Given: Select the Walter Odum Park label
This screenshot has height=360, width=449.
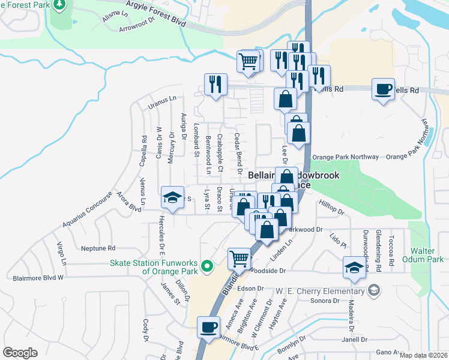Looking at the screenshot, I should click(427, 255).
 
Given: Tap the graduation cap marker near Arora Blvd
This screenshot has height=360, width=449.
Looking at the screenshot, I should click(172, 198).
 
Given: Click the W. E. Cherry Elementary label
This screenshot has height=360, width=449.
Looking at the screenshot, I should click(321, 292).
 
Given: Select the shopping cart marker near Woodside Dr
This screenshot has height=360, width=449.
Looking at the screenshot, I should click(239, 259).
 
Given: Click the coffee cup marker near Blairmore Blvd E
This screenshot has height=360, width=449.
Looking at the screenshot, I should click(208, 328).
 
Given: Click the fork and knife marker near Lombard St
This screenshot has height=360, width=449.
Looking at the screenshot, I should click(215, 84).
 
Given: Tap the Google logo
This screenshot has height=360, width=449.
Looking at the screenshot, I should click(20, 353).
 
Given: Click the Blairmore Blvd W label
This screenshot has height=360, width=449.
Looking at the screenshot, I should click(38, 278).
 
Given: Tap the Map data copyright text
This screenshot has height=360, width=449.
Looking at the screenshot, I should click(423, 355).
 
